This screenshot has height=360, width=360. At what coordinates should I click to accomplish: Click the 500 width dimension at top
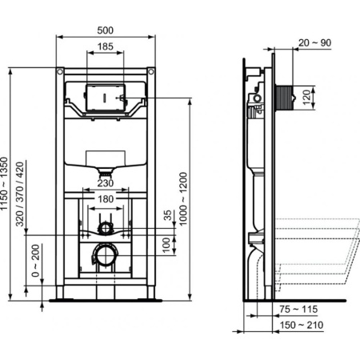(105, 30)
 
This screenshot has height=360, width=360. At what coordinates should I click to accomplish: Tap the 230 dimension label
(105, 182)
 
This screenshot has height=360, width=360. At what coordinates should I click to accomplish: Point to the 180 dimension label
(105, 198)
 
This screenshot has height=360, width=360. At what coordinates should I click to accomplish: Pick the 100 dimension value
(167, 243)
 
